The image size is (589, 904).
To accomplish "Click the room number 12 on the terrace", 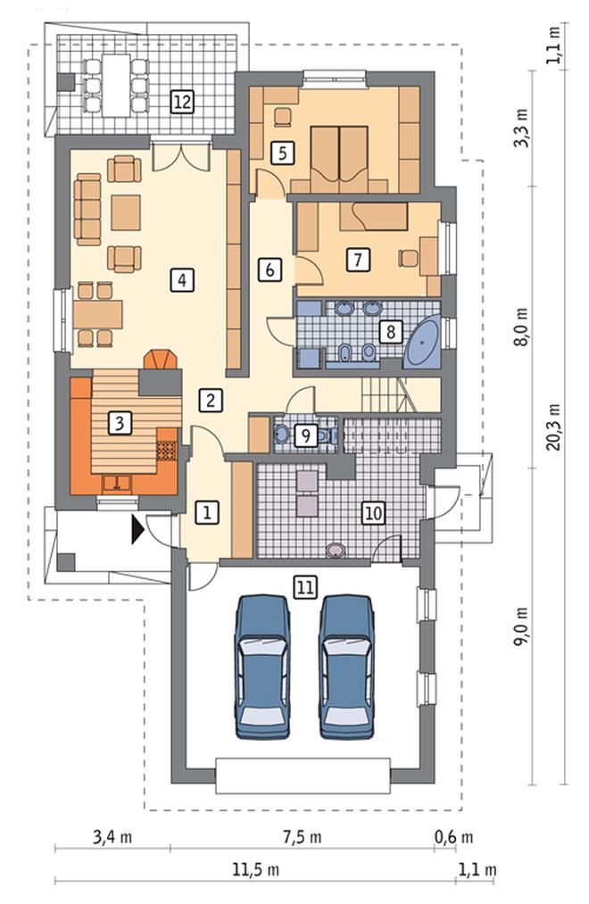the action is pyautogui.click(x=182, y=102).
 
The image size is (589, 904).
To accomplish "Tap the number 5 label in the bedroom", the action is pyautogui.click(x=282, y=153).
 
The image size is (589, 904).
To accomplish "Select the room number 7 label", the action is pyautogui.click(x=358, y=260).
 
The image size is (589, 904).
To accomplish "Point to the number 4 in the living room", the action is pyautogui.click(x=182, y=280).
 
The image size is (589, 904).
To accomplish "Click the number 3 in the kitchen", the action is pyautogui.click(x=120, y=423).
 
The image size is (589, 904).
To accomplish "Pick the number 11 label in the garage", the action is pyautogui.click(x=305, y=587).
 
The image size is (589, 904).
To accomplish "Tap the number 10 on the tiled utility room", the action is pyautogui.click(x=373, y=512).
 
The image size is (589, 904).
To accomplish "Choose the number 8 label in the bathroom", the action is pyautogui.click(x=391, y=331).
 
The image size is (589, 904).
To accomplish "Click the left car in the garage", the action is pyautogui.click(x=262, y=667).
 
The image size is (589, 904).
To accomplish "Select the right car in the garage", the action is pyautogui.click(x=347, y=667).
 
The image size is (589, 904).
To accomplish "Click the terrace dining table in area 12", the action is pyautogui.click(x=116, y=86).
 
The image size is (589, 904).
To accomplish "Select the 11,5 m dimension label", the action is pyautogui.click(x=256, y=870).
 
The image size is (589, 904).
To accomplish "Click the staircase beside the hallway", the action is pyautogui.click(x=390, y=394).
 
